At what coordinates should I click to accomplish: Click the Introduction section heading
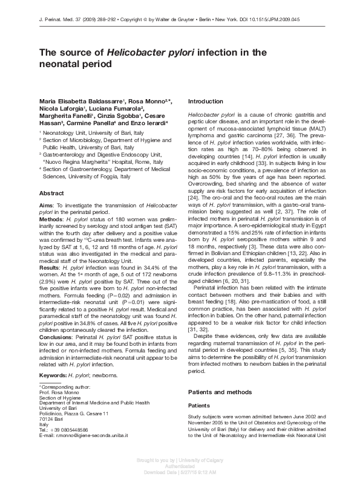pos(206,102)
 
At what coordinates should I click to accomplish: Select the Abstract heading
pos(52,193)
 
